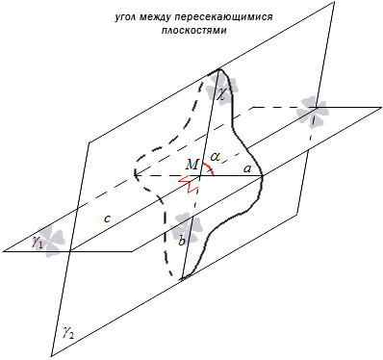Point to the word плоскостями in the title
click(x=194, y=31)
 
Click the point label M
click(x=191, y=165)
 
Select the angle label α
click(x=216, y=157)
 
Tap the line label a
click(x=247, y=168)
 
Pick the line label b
click(x=182, y=240)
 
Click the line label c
click(x=108, y=219)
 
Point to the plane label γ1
click(x=37, y=243)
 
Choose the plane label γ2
click(x=68, y=334)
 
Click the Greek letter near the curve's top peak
click(x=221, y=94)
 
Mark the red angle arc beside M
click(x=209, y=168)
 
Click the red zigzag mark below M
click(x=188, y=185)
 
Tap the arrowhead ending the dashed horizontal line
click(x=137, y=175)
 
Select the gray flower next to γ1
click(x=50, y=242)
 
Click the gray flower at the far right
click(x=312, y=111)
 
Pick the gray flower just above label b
click(x=186, y=226)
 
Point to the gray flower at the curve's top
click(x=222, y=87)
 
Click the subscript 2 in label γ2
click(x=72, y=336)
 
